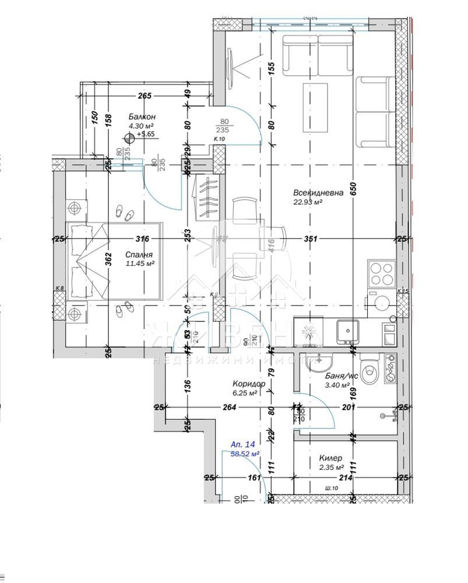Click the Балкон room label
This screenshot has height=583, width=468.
point(142,117)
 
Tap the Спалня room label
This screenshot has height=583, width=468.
point(139,255)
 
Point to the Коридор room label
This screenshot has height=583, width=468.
point(248,384)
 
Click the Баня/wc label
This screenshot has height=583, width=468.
point(337,377)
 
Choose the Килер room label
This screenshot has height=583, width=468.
point(330,459)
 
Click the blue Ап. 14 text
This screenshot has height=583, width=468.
point(242,444)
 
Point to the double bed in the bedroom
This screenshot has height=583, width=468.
point(114,261)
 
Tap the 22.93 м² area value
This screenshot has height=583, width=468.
point(308,203)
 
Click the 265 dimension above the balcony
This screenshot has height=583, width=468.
point(145,96)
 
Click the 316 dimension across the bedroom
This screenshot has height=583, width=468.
point(142,238)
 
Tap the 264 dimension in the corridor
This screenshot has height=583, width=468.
point(229,408)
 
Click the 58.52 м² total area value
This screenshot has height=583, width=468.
point(245,453)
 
